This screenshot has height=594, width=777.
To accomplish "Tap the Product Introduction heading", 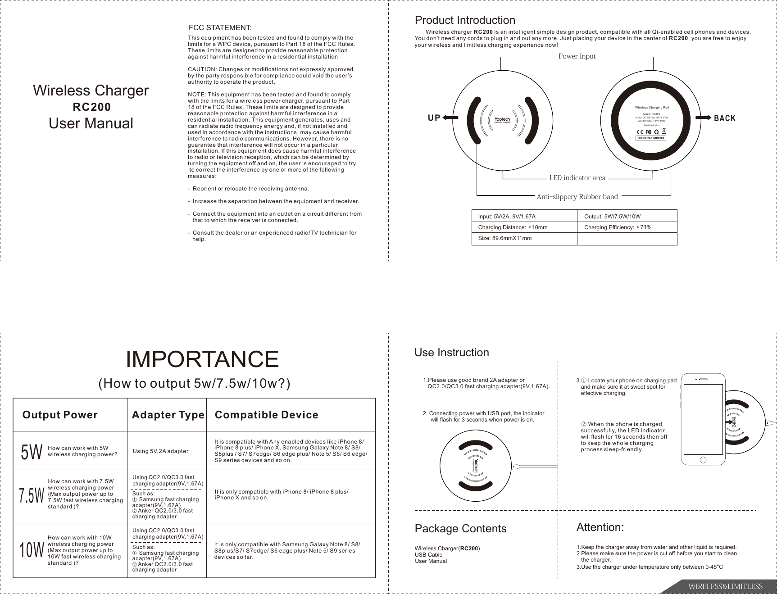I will (464, 20).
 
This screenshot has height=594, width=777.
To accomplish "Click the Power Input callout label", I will (577, 56).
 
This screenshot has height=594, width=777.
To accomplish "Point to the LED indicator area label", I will (577, 178).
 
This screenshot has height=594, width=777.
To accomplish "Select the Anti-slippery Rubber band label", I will (577, 196).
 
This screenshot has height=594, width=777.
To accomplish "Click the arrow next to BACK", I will (702, 118).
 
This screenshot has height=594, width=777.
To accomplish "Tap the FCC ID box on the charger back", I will (650, 138).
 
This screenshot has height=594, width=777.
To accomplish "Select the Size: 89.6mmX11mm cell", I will (504, 238).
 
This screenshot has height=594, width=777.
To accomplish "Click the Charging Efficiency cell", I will (618, 227).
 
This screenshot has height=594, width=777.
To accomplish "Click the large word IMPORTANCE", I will (202, 359).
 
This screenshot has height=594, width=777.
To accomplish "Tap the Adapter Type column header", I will (168, 415).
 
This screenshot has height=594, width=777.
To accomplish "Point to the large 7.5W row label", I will (32, 496).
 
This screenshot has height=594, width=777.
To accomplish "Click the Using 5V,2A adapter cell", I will (161, 451).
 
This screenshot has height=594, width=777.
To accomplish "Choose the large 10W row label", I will (32, 550).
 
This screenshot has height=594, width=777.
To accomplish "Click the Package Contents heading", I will (460, 528).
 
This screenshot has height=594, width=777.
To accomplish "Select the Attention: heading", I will (600, 527).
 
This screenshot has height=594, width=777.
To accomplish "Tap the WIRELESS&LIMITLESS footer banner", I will (724, 586).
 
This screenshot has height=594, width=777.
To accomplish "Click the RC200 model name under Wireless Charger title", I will (92, 107).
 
